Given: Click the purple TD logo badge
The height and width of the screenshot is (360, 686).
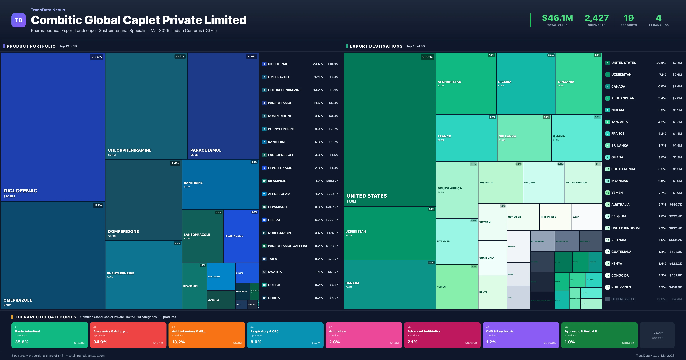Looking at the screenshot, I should pyautogui.click(x=18, y=20).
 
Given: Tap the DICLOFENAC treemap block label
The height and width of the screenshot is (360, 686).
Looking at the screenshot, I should pyautogui.click(x=20, y=191).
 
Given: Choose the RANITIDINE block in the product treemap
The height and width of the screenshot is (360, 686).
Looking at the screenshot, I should pyautogui.click(x=220, y=184).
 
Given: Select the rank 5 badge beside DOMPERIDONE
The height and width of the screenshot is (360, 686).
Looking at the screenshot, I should pyautogui.click(x=264, y=116).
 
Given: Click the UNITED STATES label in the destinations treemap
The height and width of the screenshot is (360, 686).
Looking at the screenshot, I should pyautogui.click(x=366, y=196).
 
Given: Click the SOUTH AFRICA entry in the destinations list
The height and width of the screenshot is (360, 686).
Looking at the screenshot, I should pyautogui.click(x=623, y=169).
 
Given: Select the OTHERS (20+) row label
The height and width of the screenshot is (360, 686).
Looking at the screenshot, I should pyautogui.click(x=622, y=299).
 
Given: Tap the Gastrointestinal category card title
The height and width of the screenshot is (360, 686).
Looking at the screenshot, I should pyautogui.click(x=27, y=331).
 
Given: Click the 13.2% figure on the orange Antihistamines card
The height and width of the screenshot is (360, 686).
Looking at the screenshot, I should pyautogui.click(x=178, y=342).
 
